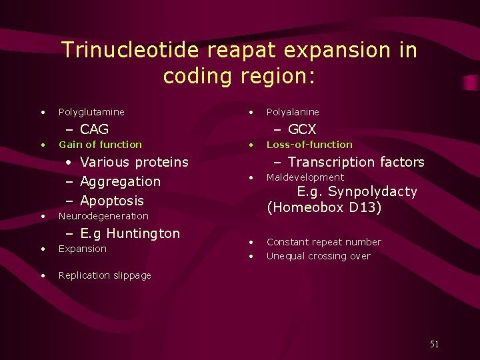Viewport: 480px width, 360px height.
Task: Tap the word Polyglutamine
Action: pos(91,112)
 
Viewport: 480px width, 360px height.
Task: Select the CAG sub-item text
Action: pos(94,129)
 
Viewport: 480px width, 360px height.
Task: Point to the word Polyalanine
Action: pos(293,112)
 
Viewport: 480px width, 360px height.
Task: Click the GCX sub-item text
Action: pos(302,129)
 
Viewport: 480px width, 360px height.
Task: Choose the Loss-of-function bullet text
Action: pos(309,145)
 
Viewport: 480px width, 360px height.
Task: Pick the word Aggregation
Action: pos(120,181)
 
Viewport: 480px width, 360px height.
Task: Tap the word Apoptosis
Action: pos(111,201)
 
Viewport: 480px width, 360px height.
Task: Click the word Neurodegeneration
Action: pos(103,216)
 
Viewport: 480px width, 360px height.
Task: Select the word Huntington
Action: pos(143,233)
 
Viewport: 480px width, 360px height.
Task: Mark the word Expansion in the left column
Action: pos(82,249)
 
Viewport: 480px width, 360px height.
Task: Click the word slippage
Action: pos(133,275)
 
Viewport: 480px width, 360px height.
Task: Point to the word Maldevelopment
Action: pos(305,177)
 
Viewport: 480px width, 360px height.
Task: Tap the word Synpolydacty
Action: pos(372,192)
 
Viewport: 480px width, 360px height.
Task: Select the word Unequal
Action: pos(285,256)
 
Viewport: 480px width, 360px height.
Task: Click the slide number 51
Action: pos(434,344)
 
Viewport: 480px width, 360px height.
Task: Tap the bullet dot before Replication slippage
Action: pos(43,275)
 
